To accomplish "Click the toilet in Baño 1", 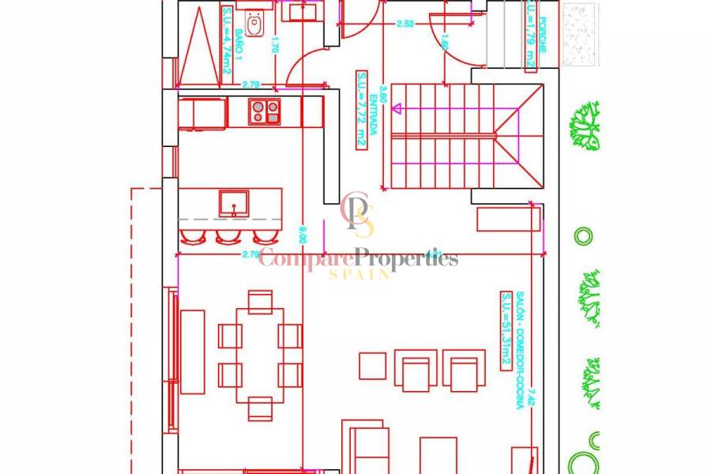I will (254, 24).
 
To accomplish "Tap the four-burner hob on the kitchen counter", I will (265, 111).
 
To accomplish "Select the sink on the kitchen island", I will (234, 203).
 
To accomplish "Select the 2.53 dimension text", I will (404, 24).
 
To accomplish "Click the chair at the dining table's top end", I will (260, 302).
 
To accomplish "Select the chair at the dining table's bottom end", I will (260, 408).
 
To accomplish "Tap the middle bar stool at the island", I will (227, 235).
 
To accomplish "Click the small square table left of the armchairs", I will (372, 366).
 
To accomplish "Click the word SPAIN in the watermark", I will (359, 274).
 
